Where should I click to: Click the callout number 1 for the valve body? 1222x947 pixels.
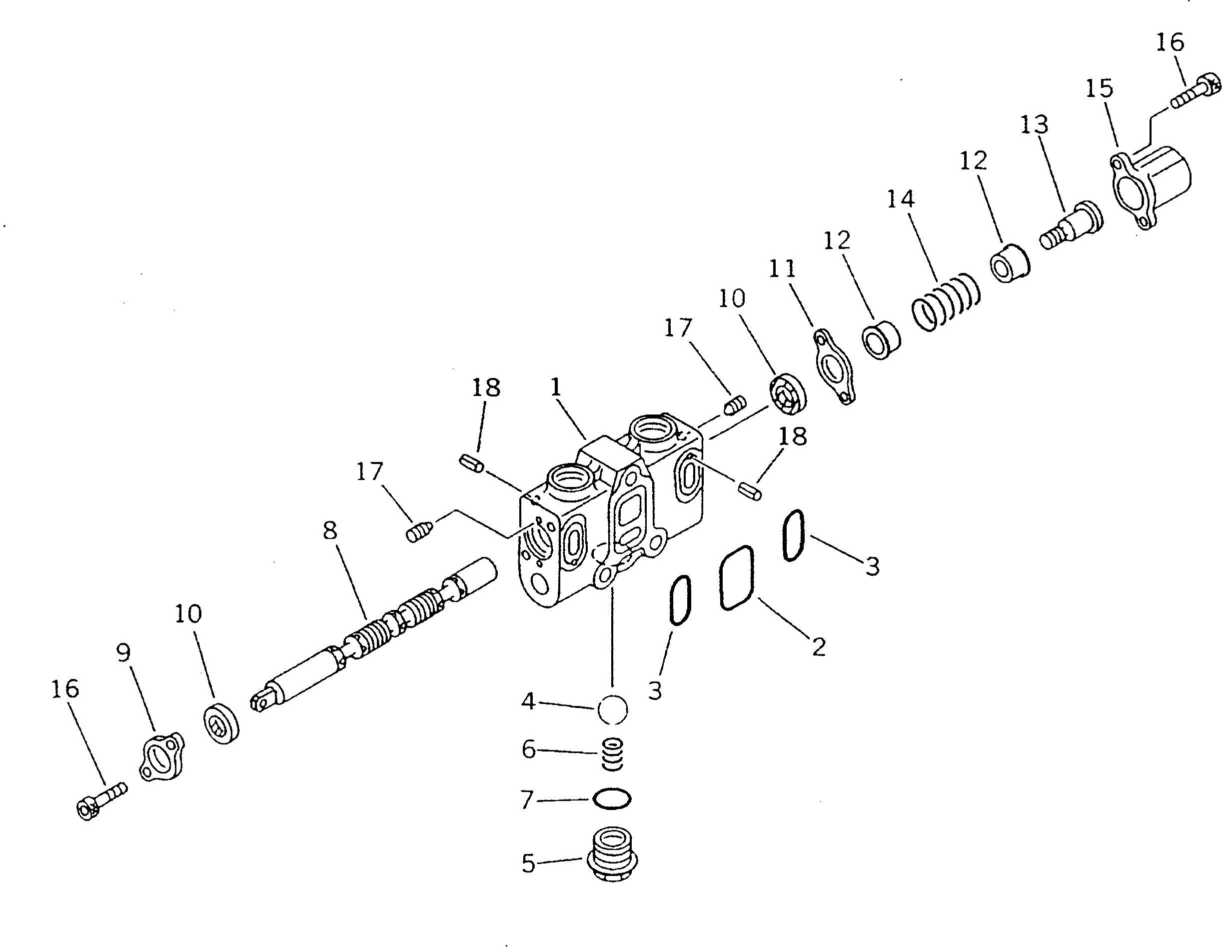pyautogui.click(x=555, y=387)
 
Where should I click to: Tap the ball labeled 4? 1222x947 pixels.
pyautogui.click(x=613, y=709)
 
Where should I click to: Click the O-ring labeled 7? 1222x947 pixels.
pyautogui.click(x=613, y=798)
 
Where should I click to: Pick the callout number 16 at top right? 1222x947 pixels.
pyautogui.click(x=1170, y=42)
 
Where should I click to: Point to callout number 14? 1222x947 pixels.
pyautogui.click(x=900, y=199)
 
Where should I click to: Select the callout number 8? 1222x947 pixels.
pyautogui.click(x=330, y=529)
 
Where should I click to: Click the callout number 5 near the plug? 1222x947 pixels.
pyautogui.click(x=529, y=863)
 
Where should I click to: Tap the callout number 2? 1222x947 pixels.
pyautogui.click(x=819, y=647)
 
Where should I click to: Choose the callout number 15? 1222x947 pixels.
pyautogui.click(x=1100, y=88)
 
